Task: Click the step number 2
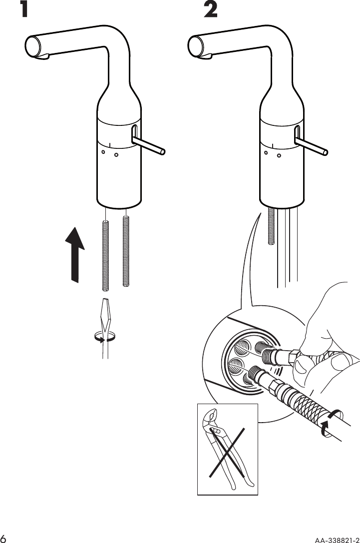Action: (x=211, y=10)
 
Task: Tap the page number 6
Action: (x=4, y=538)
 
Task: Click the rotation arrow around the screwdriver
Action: (x=105, y=338)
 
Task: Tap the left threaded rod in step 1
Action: (x=106, y=255)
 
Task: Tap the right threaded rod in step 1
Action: (x=126, y=252)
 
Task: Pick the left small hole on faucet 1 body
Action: (x=103, y=152)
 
